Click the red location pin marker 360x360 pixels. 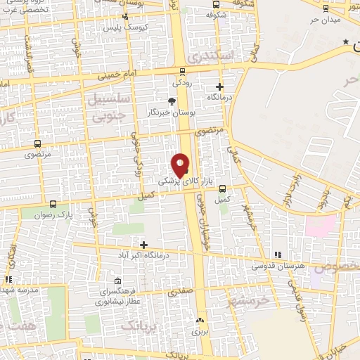pos(180,165)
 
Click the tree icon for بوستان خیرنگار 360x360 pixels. pos(172,101)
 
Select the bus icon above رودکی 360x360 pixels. pos(183,71)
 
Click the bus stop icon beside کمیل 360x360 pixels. pos(223,188)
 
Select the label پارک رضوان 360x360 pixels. pos(55,212)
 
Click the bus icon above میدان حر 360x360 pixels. pos(325,8)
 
